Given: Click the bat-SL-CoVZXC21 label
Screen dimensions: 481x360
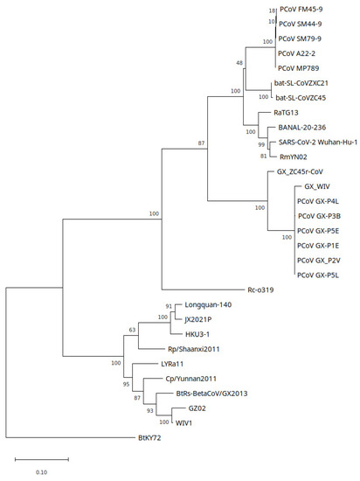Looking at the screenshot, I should pyautogui.click(x=301, y=84).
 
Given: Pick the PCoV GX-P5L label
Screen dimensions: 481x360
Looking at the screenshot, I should pyautogui.click(x=319, y=275).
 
